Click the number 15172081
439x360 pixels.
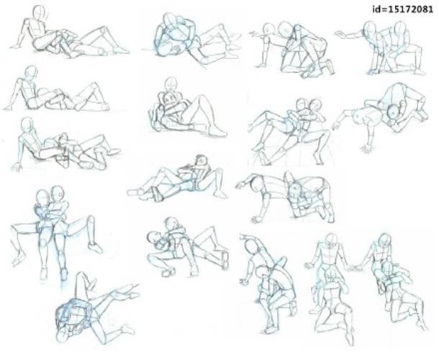409,9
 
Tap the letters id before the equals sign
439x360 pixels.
376,9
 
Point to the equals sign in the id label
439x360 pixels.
382,10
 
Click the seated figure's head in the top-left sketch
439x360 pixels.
39,12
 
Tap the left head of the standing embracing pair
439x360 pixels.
42,198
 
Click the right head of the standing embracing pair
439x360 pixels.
58,194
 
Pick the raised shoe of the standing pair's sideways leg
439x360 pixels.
96,248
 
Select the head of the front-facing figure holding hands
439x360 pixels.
332,240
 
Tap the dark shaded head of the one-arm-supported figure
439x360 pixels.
394,112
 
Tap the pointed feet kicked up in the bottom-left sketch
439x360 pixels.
131,291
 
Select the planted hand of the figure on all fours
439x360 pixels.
256,219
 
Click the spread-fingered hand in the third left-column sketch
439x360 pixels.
17,167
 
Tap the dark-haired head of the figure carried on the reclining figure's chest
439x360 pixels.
202,161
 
